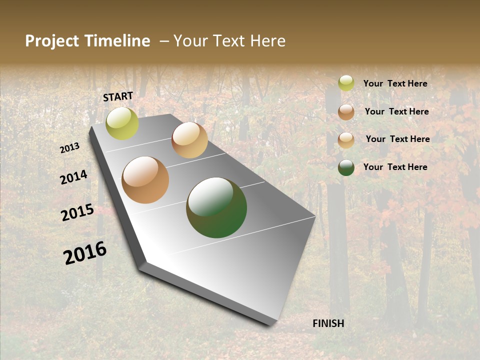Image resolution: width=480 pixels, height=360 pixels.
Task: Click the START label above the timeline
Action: point(118,96)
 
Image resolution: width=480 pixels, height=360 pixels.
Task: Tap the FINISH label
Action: point(328,323)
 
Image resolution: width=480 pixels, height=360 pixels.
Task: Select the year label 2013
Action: point(70,147)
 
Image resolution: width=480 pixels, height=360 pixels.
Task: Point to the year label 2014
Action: point(74,177)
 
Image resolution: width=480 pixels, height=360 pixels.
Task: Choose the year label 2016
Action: point(85,253)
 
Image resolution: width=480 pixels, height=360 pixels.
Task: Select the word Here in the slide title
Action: point(267,41)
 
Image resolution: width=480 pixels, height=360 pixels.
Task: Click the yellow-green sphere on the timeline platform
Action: point(122,123)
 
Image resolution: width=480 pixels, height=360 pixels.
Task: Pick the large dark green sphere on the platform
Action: point(216,207)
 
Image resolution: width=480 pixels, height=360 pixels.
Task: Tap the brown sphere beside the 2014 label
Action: point(145,180)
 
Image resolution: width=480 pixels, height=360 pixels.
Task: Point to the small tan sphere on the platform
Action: point(189,140)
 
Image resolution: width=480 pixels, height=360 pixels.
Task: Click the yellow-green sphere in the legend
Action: point(346,83)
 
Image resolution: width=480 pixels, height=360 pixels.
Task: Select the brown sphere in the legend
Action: point(346,112)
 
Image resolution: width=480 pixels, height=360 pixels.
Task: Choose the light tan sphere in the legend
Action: point(346,140)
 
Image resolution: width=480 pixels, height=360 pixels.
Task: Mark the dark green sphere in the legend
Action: point(346,167)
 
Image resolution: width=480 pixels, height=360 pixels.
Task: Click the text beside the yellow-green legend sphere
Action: point(395,83)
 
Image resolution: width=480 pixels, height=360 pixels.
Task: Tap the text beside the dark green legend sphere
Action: point(395,167)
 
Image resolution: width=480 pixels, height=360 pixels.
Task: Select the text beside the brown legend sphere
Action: point(396,111)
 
